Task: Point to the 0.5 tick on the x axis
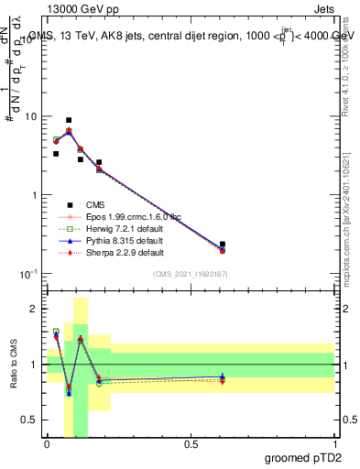pos(191,444)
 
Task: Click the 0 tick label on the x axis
pos(48,444)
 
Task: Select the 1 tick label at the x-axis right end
pos(334,444)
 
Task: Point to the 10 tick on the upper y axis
pos(32,117)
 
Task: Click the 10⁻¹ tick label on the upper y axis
pos(30,274)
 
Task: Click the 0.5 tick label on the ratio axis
pos(32,420)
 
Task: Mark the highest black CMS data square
pos(69,120)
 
